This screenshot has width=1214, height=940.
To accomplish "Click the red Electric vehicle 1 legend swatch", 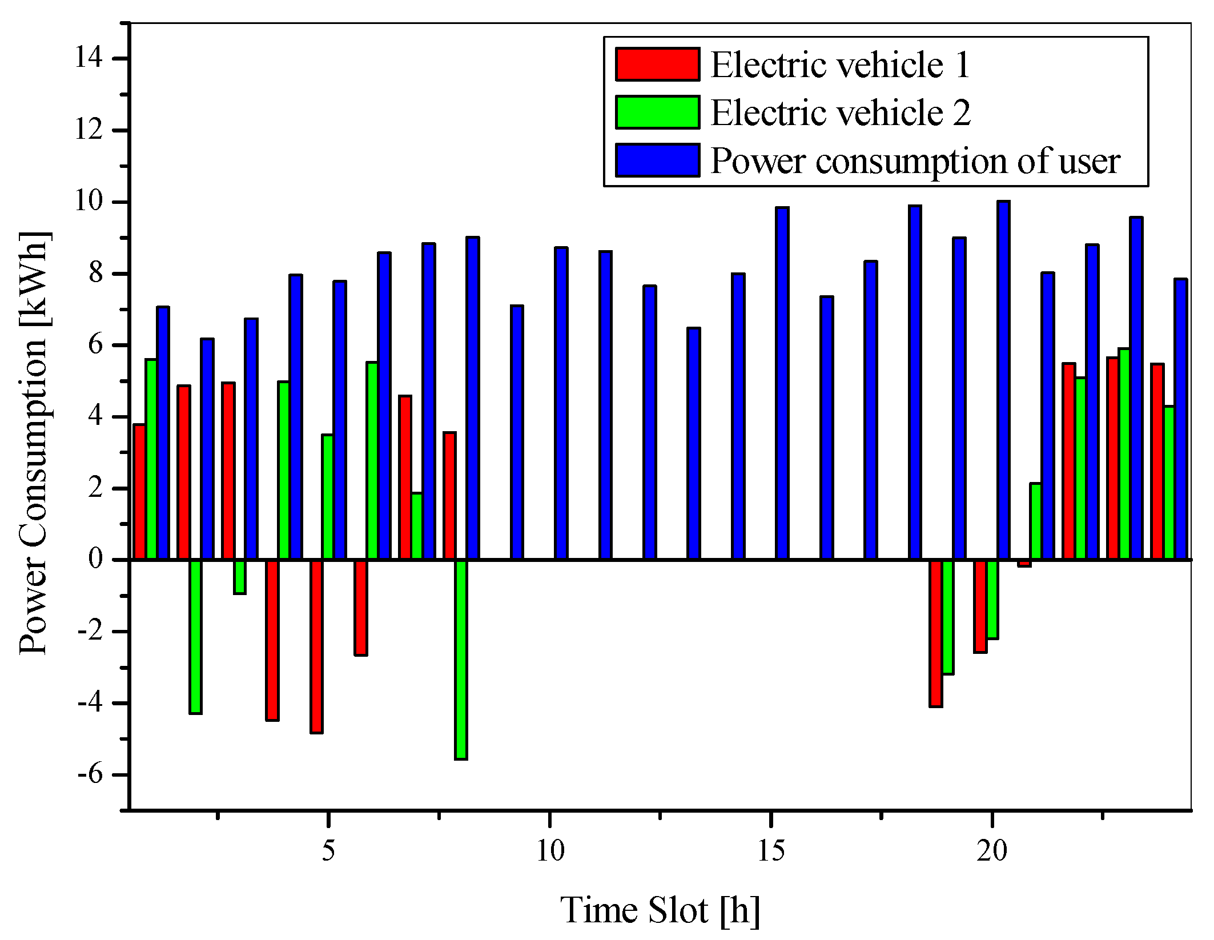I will coord(657,65).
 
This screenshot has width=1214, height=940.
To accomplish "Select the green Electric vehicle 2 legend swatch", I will coord(657,113).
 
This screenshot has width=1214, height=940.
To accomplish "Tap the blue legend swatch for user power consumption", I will coord(657,160).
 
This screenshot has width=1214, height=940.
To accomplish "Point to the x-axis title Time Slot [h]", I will coord(660,910).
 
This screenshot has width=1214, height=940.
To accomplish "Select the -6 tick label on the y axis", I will coord(90,775).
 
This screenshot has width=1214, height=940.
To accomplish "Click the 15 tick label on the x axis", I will coord(771,851).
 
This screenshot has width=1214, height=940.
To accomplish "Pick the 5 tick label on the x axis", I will coord(328,851).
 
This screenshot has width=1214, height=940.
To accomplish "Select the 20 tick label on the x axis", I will coord(992,851).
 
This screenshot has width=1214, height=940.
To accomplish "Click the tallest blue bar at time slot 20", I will coord(1003,380).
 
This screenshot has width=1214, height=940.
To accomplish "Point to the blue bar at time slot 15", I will coord(782,383).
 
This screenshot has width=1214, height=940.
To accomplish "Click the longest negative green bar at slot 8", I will coord(461,660).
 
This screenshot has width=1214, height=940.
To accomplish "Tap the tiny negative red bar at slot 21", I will coord(1024,564).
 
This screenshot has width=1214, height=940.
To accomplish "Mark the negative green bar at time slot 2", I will coord(195,637).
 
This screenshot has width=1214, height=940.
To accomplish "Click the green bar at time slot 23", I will coord(1124,454).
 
